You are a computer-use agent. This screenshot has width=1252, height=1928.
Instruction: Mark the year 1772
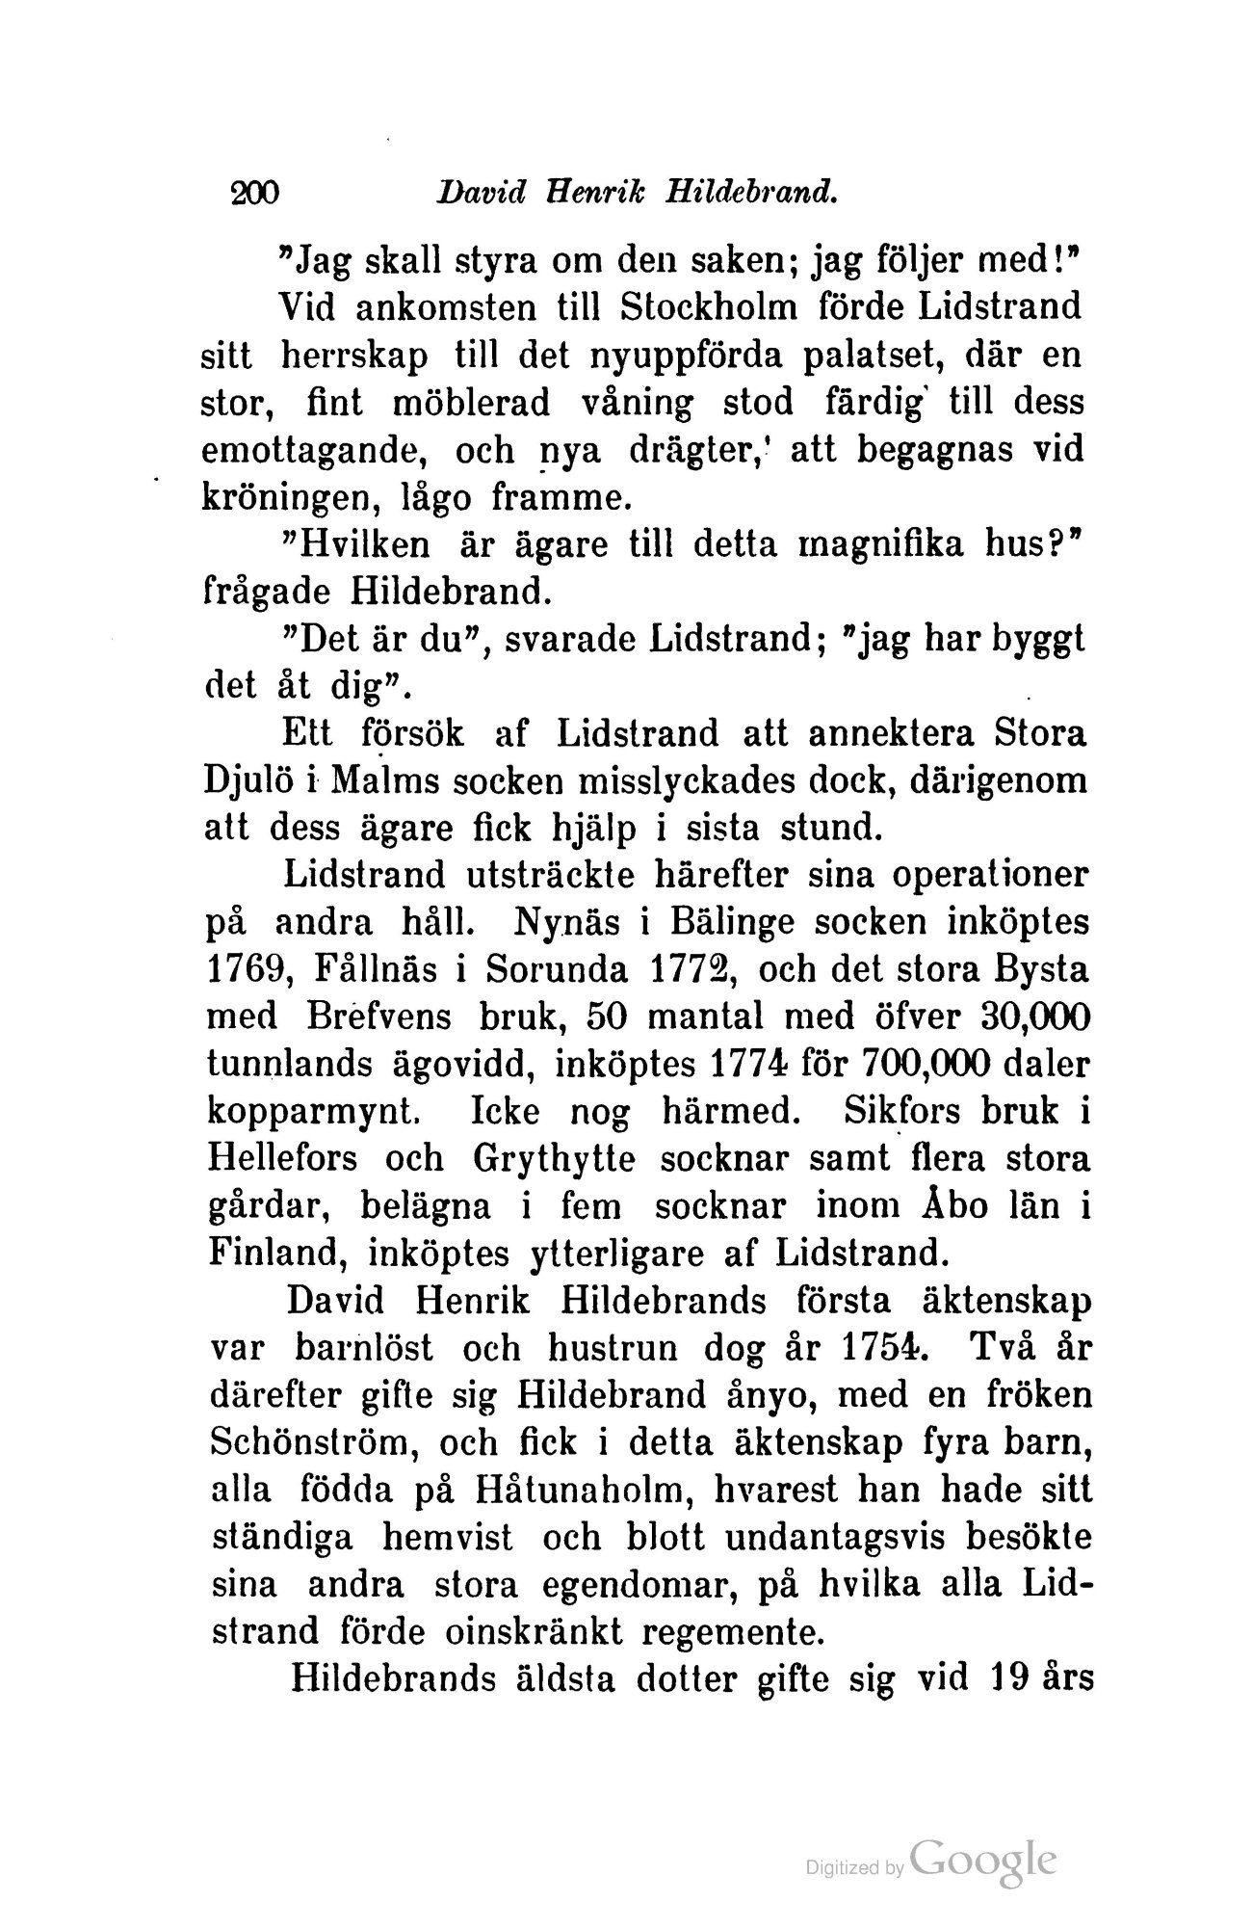coord(685,968)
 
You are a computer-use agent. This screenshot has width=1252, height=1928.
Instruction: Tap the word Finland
coord(278,1253)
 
